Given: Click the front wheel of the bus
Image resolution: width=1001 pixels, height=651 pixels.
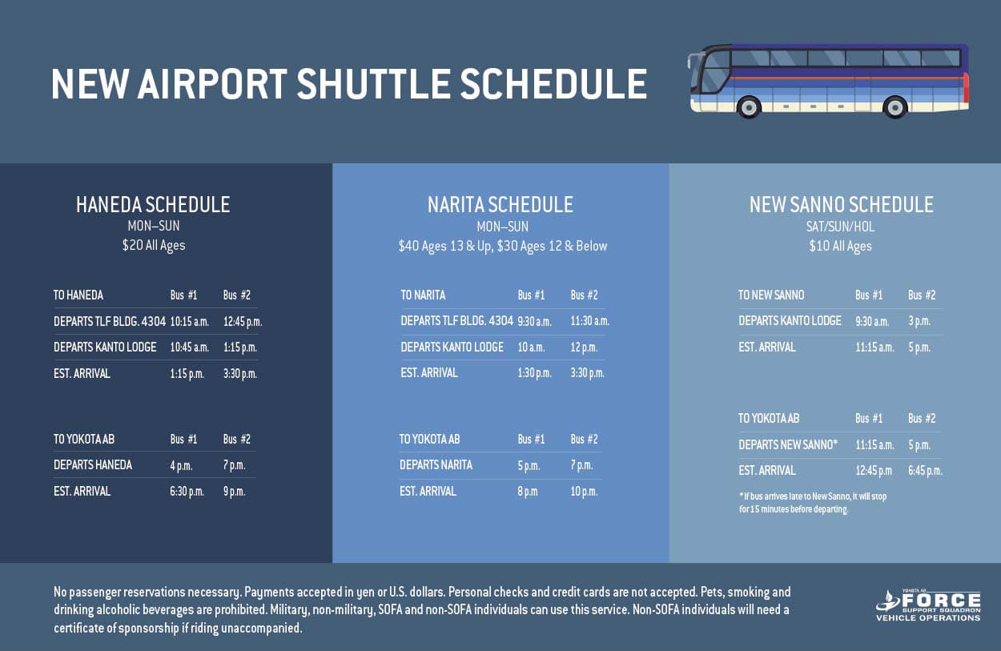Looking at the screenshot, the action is pos(749,107).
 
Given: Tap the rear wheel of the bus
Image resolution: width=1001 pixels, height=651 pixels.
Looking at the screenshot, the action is pos(894,107).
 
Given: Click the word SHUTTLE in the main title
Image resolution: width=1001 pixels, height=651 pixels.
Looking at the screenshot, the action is pos(374,83).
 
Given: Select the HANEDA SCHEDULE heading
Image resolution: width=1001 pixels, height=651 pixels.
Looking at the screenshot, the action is pos(153,205).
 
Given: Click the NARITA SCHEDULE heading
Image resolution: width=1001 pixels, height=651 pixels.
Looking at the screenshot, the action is pos(500,205).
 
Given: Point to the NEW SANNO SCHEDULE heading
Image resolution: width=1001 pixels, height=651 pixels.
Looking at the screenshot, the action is pos(842,205).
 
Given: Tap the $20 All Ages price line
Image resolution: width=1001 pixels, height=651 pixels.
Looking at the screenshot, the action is pos(154,245).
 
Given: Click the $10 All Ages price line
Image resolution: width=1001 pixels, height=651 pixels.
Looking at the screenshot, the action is pos(840,246).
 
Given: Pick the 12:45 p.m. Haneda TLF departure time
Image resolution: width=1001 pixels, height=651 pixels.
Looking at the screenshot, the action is pos(243,322).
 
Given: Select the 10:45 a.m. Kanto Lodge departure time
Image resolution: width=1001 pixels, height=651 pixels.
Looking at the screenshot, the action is pos(190,348).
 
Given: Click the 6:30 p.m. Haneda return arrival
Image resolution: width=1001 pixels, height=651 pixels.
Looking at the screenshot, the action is pos(187,492).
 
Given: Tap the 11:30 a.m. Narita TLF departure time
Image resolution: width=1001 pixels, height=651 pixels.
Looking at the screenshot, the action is pos(590,321).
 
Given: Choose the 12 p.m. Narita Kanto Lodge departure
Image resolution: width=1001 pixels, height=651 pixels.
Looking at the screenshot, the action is pos(584,348).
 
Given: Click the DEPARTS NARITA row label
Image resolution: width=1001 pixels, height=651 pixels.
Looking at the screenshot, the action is pos(436,464).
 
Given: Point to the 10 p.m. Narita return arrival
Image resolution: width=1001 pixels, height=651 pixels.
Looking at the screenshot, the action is pos(584,492).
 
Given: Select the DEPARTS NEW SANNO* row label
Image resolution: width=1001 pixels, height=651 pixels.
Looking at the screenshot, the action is pos(788,444).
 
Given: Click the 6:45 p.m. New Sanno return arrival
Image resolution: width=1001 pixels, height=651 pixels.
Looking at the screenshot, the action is pos(925,471).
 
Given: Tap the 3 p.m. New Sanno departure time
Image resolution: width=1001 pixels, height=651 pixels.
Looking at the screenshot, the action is pos(919,321).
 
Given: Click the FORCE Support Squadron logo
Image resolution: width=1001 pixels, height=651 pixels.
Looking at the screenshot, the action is pos(928,605).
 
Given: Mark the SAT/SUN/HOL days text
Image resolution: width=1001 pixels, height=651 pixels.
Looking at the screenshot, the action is pos(840,227).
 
